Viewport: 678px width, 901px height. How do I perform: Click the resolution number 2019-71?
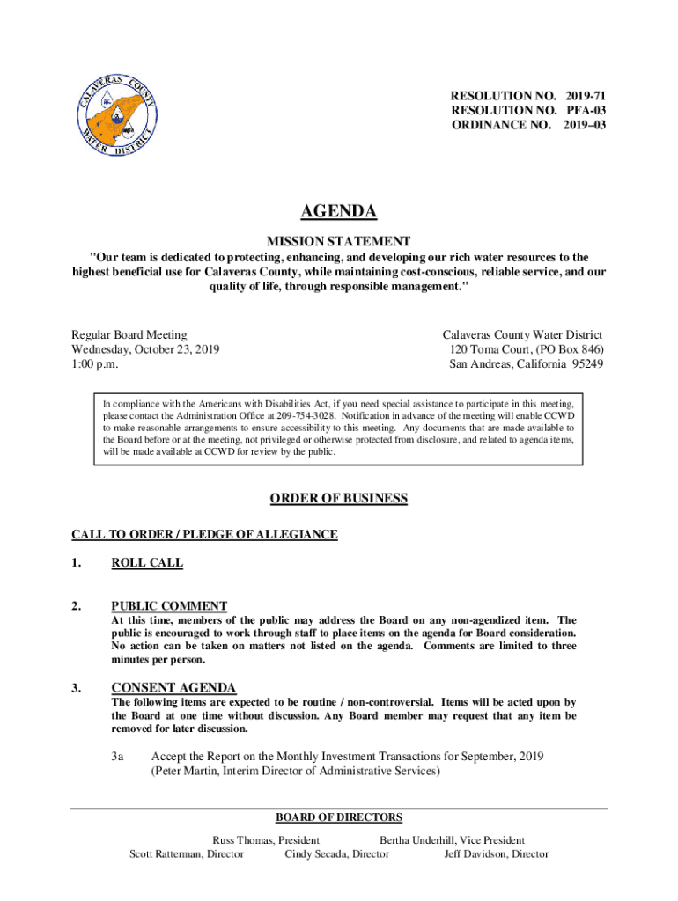pyautogui.click(x=579, y=94)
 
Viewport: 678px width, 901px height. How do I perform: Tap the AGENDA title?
pyautogui.click(x=339, y=211)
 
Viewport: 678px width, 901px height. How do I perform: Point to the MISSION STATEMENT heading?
pyautogui.click(x=339, y=240)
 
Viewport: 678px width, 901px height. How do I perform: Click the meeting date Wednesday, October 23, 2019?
pyautogui.click(x=145, y=349)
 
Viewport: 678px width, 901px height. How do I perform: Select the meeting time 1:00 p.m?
pyautogui.click(x=94, y=364)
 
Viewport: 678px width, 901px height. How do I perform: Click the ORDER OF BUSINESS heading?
pyautogui.click(x=339, y=499)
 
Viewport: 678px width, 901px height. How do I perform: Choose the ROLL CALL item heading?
pyautogui.click(x=147, y=563)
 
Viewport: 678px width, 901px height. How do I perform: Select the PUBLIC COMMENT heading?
pyautogui.click(x=169, y=605)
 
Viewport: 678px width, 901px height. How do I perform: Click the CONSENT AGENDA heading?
pyautogui.click(x=173, y=687)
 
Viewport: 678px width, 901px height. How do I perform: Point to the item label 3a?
pyautogui.click(x=118, y=757)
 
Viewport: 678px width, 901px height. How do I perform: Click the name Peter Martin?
pyautogui.click(x=185, y=772)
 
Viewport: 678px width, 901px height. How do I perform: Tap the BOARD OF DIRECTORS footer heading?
pyautogui.click(x=339, y=817)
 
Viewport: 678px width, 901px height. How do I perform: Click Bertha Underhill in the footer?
pyautogui.click(x=418, y=840)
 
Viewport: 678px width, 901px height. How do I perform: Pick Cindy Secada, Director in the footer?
pyautogui.click(x=336, y=854)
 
